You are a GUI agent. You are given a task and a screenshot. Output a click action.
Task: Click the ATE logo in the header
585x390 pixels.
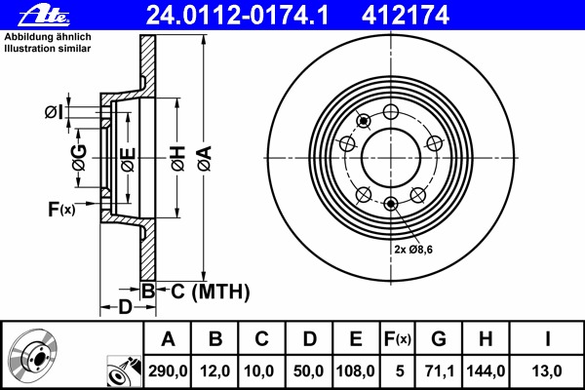pos(44,16)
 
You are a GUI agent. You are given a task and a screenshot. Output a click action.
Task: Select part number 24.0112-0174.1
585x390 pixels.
pos(237,16)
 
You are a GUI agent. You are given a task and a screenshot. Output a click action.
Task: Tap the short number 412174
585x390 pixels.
pos(406,16)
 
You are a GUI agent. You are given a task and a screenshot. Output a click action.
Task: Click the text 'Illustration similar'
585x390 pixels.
pos(48,49)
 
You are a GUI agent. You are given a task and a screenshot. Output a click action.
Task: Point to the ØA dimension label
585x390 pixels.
pos(205,158)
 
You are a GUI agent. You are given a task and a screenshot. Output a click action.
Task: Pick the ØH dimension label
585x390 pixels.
pos(178,158)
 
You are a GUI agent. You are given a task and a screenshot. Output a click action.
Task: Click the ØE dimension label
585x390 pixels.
pos(128,160)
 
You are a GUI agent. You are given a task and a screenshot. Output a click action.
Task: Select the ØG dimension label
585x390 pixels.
pos(79,157)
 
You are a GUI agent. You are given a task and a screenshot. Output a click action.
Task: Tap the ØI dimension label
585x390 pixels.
pos(54,112)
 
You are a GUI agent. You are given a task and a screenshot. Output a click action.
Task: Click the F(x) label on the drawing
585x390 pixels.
pos(61,209)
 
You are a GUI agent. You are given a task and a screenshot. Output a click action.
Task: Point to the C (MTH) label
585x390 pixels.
pos(210,292)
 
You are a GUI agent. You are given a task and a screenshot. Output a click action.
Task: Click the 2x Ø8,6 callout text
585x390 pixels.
pos(413,250)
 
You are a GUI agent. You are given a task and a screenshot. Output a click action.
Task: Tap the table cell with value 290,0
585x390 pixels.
pos(168,371)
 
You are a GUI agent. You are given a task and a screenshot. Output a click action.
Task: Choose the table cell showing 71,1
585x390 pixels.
pos(439,371)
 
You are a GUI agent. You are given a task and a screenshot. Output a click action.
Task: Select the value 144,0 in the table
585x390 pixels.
pos(486,371)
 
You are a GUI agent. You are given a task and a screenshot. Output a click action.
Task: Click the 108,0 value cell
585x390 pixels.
pos(356,371)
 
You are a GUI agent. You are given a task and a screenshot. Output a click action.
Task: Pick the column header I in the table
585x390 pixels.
pos(547,339)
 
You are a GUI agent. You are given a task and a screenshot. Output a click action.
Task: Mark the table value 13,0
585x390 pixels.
pos(547,371)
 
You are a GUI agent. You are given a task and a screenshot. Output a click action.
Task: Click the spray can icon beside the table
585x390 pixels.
pos(124,371)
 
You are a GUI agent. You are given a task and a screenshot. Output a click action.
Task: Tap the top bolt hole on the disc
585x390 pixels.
pos(391,111)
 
